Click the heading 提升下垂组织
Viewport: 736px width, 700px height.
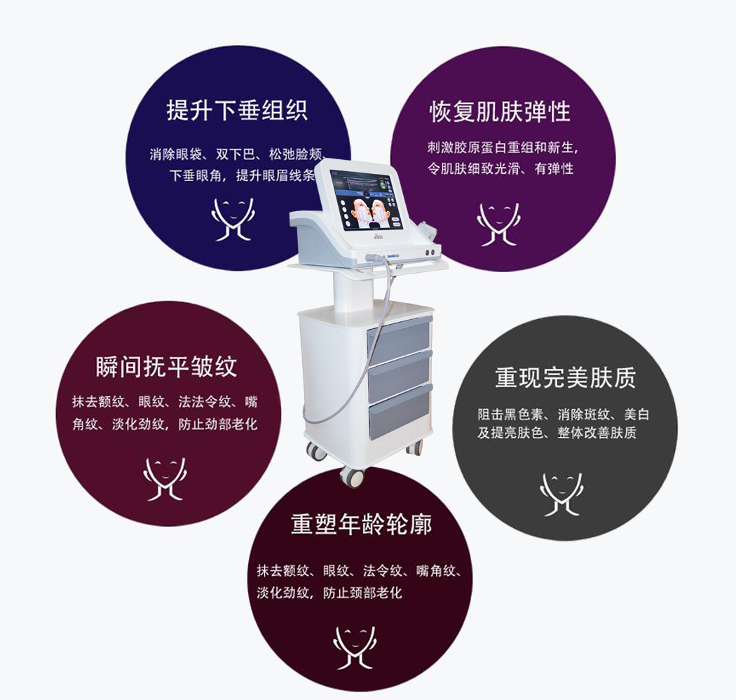coord(237,111)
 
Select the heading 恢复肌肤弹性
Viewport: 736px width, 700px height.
coord(500,111)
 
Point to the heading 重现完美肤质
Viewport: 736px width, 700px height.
coord(565,378)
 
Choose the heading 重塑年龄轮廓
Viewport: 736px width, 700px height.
coord(360,525)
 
